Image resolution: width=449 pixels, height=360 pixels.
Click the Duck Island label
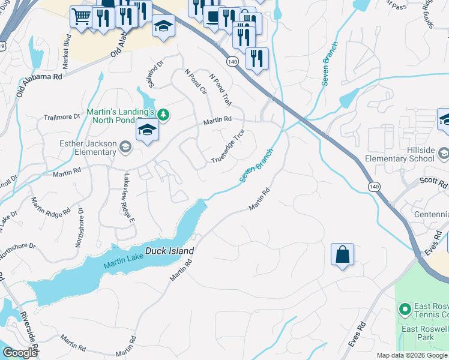click(x=170, y=251)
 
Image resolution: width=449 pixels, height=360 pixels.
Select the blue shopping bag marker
click(x=342, y=254)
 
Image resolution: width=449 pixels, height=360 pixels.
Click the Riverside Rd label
click(x=29, y=333)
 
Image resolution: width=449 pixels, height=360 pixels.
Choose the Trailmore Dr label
click(x=61, y=117)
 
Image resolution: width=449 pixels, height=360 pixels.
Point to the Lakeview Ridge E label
click(x=128, y=197)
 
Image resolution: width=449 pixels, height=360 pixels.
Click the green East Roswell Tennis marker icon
click(x=405, y=310)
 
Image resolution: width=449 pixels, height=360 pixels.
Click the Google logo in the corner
click(x=20, y=353)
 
